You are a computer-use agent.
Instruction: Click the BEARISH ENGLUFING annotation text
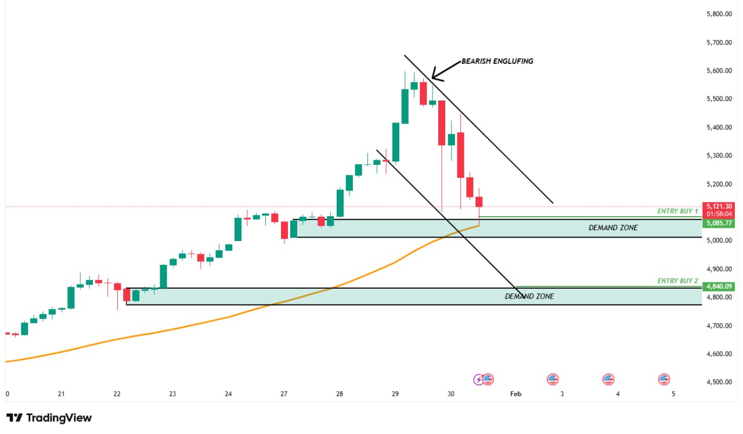[x=497, y=61]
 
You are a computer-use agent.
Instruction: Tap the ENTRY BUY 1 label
[x=677, y=211]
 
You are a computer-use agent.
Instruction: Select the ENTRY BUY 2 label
[x=677, y=281]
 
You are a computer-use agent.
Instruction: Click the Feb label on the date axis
[x=515, y=394]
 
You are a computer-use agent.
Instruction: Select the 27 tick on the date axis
[x=284, y=394]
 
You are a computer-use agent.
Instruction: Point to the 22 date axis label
[x=117, y=394]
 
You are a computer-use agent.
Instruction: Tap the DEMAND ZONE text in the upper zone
[x=613, y=228]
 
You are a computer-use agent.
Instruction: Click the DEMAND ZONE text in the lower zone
[x=529, y=296]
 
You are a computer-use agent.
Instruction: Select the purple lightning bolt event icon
[x=479, y=380]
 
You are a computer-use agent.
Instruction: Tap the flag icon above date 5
[x=664, y=380]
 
